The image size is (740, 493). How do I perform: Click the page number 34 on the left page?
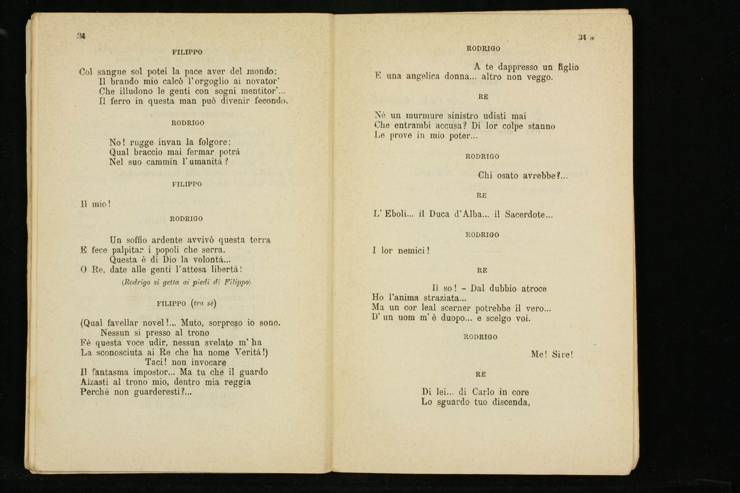pyautogui.click(x=81, y=36)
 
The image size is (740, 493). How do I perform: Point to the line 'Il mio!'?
pyautogui.click(x=96, y=204)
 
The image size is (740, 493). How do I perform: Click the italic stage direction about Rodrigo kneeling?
pyautogui.click(x=186, y=282)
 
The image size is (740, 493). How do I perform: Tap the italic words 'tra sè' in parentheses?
pyautogui.click(x=204, y=304)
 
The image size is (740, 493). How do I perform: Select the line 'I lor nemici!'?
pyautogui.click(x=401, y=251)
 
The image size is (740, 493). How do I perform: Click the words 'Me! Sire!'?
pyautogui.click(x=552, y=355)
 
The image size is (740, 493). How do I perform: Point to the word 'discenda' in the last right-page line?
pyautogui.click(x=510, y=402)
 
